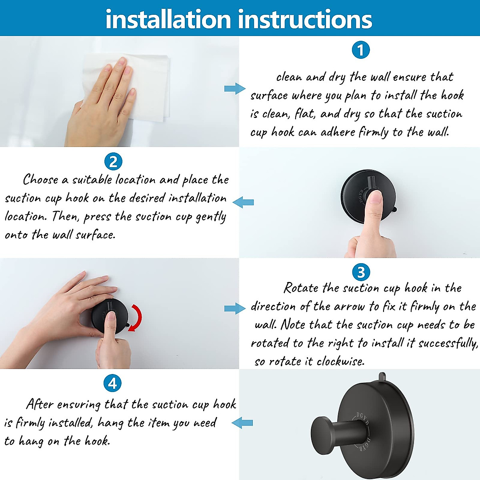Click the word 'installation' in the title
coord(168,19)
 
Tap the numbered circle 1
coord(360,50)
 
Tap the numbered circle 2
coord(113,162)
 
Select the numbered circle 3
coord(361,272)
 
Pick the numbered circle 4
coord(112,383)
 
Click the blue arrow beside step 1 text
coord(235,88)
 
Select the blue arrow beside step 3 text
coord(235,308)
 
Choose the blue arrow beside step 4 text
coord(242,422)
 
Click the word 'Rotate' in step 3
coord(301,288)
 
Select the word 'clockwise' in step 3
coord(340,362)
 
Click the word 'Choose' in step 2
coord(40,180)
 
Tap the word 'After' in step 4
coord(40,404)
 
